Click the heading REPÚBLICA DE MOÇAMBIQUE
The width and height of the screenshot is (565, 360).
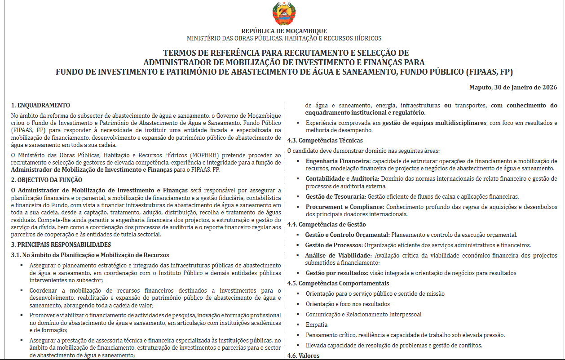click(x=284, y=31)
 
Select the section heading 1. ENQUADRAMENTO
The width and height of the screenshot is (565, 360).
click(x=40, y=106)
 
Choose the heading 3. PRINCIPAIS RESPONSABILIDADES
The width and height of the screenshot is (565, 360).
click(x=61, y=245)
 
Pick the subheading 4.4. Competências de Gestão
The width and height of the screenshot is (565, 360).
click(x=327, y=224)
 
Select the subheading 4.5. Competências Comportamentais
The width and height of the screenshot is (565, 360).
click(x=338, y=283)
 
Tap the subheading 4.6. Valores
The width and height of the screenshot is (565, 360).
click(x=303, y=356)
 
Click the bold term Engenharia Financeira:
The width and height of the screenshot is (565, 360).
click(x=338, y=161)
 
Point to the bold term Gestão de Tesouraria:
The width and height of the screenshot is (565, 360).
click(x=335, y=196)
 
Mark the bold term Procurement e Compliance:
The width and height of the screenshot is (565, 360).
click(x=344, y=207)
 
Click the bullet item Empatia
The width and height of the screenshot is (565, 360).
click(x=317, y=324)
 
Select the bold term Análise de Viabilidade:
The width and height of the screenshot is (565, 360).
click(x=338, y=256)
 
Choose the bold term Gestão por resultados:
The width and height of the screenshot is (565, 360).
click(x=335, y=273)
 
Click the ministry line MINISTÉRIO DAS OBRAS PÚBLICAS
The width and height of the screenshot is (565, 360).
click(x=284, y=39)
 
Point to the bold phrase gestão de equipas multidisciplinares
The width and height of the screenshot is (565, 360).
click(x=434, y=123)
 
